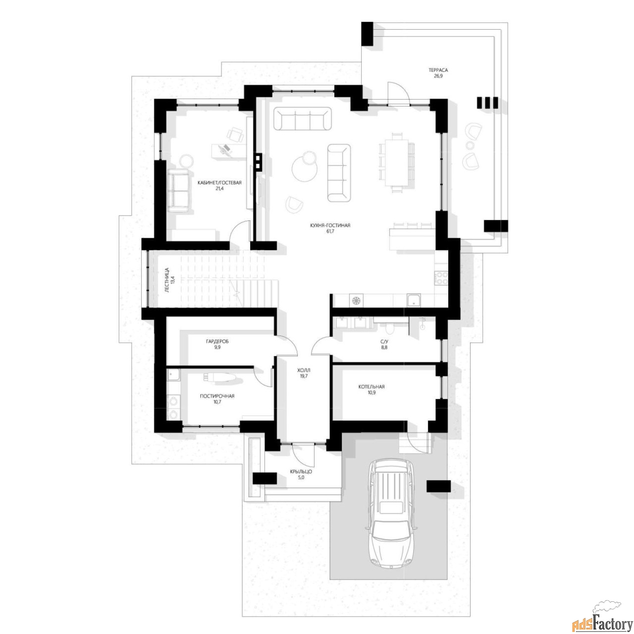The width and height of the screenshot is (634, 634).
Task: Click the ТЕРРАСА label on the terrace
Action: [x=438, y=70]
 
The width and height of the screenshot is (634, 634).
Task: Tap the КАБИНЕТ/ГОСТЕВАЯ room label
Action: [x=219, y=183]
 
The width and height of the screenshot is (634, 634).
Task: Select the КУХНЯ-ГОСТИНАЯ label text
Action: [x=330, y=225]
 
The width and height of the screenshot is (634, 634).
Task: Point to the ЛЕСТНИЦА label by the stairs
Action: [x=167, y=280]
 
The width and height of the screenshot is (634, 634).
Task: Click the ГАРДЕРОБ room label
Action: [x=217, y=341]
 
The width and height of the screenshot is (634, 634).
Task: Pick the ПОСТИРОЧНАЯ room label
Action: [x=217, y=396]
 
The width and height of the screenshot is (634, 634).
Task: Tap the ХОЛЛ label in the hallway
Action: [x=303, y=370]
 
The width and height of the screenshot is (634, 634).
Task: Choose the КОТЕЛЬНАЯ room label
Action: [x=371, y=387]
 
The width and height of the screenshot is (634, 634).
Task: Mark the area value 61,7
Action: [x=330, y=231]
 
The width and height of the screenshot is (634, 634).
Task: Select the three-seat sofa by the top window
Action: [x=302, y=118]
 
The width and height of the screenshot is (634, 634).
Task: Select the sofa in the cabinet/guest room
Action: [x=178, y=191]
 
